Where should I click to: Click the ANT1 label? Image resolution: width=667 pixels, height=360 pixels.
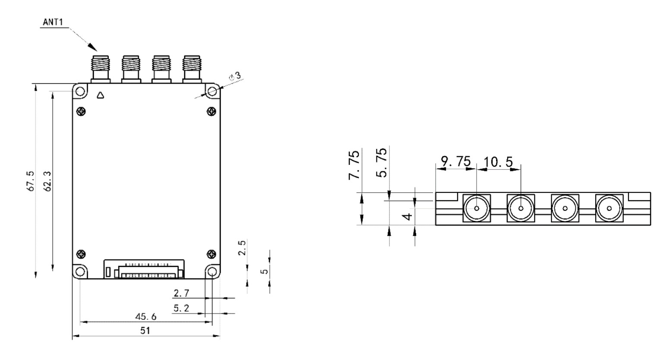coord(53,22)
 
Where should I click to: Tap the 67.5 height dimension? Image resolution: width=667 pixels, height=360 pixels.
coord(30,181)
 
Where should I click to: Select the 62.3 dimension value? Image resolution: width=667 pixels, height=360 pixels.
coord(47,181)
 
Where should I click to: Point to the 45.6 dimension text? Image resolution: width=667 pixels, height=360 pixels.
coord(145,316)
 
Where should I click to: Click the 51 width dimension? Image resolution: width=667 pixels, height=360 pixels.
coord(145,331)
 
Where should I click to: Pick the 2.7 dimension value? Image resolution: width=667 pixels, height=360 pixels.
coord(181,293)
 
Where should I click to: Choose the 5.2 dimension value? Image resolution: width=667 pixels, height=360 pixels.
coord(181,308)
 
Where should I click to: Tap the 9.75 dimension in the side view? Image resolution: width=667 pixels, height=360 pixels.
coord(455,161)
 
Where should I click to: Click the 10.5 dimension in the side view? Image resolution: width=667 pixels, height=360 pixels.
coord(498,162)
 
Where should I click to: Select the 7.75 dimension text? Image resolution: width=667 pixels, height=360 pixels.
coord(354,165)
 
